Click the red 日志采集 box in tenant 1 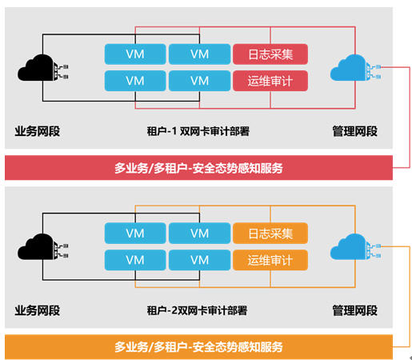coord(270,54)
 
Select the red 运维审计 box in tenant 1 coord(270,81)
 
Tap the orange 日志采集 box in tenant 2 coord(270,234)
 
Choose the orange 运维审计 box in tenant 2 coord(270,260)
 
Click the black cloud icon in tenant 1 coord(42,68)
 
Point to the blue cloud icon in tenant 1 coord(355,68)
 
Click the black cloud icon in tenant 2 coord(42,247)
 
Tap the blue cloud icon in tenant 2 coord(355,247)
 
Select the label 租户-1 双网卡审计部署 coord(198,131)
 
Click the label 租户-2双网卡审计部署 coord(197,310)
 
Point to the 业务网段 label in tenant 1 coord(38,131)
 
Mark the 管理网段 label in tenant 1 coord(355,131)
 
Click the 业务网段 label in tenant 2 coord(38,310)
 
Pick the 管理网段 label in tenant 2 coord(355,310)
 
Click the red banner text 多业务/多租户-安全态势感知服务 coord(198,168)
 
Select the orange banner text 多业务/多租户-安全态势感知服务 coord(198,347)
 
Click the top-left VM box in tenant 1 coord(135,54)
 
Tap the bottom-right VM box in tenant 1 coord(200,81)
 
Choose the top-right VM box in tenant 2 coord(200,234)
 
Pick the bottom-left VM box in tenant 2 coord(135,260)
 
